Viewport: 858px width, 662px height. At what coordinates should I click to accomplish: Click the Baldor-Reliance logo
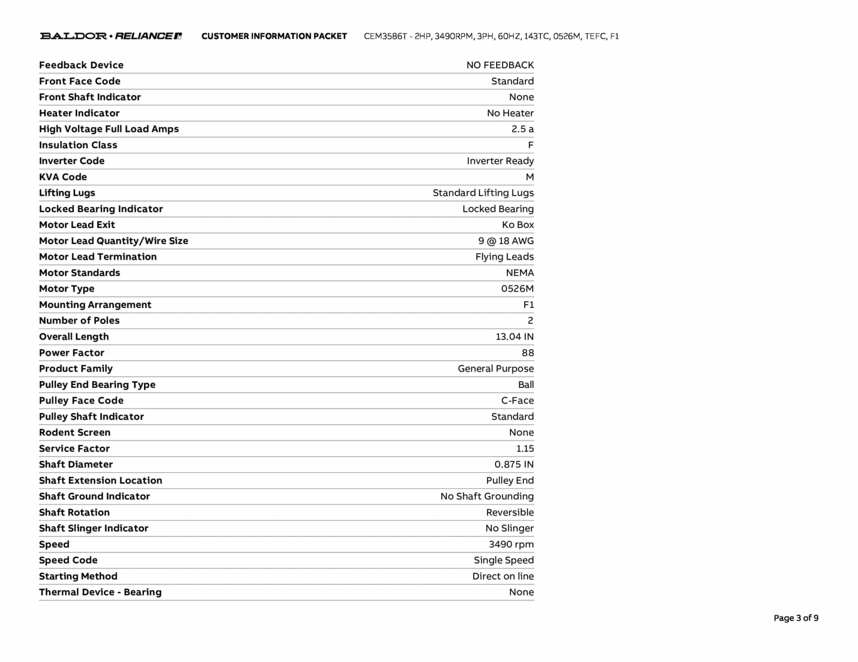[111, 36]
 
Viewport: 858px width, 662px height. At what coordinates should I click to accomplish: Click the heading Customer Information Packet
[274, 36]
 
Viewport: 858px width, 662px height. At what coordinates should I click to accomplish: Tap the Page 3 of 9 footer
[796, 618]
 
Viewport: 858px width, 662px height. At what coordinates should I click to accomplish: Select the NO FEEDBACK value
[500, 65]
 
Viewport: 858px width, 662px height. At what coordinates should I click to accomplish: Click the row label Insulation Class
[78, 145]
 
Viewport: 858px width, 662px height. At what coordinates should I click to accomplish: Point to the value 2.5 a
[522, 129]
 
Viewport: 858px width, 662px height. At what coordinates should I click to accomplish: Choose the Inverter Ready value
[500, 161]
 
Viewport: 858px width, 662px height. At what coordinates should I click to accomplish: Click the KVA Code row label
[63, 177]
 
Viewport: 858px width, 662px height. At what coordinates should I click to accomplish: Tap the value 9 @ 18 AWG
[506, 241]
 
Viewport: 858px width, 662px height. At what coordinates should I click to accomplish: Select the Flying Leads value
[504, 257]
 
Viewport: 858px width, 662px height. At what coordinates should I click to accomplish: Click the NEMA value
[519, 273]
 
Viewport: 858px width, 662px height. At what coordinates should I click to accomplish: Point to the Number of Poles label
[79, 321]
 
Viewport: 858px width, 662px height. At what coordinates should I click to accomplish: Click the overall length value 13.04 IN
[514, 337]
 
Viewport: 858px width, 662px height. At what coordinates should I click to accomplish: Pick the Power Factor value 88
[527, 353]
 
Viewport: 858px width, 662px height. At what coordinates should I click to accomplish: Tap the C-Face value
[517, 401]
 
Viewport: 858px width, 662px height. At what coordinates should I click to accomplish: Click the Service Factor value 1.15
[525, 449]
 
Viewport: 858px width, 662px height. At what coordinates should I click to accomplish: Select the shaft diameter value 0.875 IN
[514, 464]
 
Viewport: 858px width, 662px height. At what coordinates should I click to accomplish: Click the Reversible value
[510, 513]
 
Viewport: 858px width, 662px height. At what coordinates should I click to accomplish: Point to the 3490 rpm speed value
[511, 544]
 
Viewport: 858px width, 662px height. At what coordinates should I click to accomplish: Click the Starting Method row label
[78, 576]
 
